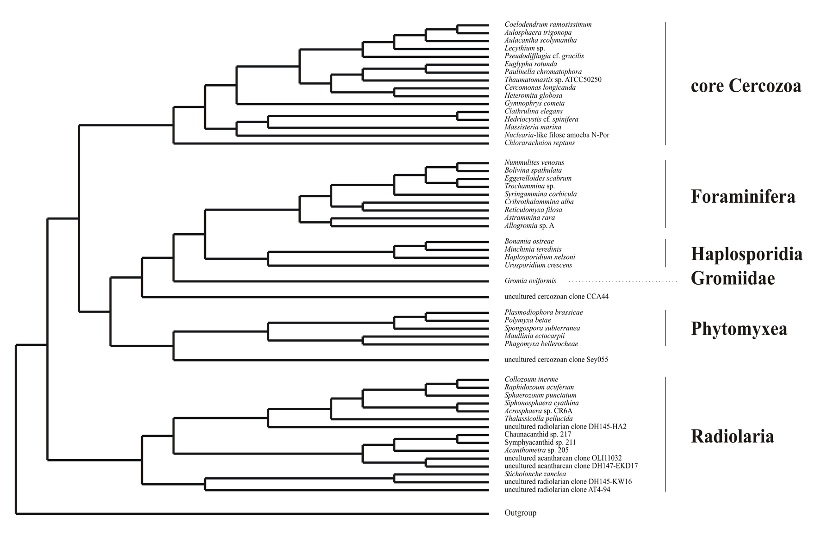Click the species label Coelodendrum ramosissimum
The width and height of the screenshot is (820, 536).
(x=548, y=25)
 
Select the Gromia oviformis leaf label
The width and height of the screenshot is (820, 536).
(x=530, y=281)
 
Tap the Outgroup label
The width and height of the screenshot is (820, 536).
(x=520, y=513)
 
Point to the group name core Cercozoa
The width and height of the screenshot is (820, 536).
(x=745, y=86)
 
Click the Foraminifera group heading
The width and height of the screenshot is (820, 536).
(x=743, y=197)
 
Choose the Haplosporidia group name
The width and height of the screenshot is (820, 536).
(x=746, y=254)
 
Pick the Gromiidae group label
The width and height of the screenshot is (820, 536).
(x=733, y=278)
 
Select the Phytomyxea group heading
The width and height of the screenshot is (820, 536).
(x=739, y=329)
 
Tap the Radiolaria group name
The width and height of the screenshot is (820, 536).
(x=732, y=436)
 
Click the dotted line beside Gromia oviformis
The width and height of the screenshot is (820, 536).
(x=622, y=281)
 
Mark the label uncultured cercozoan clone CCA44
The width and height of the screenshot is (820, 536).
(x=556, y=297)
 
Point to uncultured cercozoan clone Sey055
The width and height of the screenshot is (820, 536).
(x=556, y=360)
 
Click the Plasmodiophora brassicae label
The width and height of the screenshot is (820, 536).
(x=544, y=312)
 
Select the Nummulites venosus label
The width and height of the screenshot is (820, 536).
(x=534, y=162)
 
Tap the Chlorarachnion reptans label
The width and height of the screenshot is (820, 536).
(x=540, y=143)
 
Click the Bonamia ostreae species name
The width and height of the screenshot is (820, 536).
(x=529, y=242)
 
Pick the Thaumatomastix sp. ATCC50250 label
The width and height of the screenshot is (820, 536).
(x=553, y=80)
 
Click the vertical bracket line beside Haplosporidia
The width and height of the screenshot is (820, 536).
(x=665, y=253)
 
